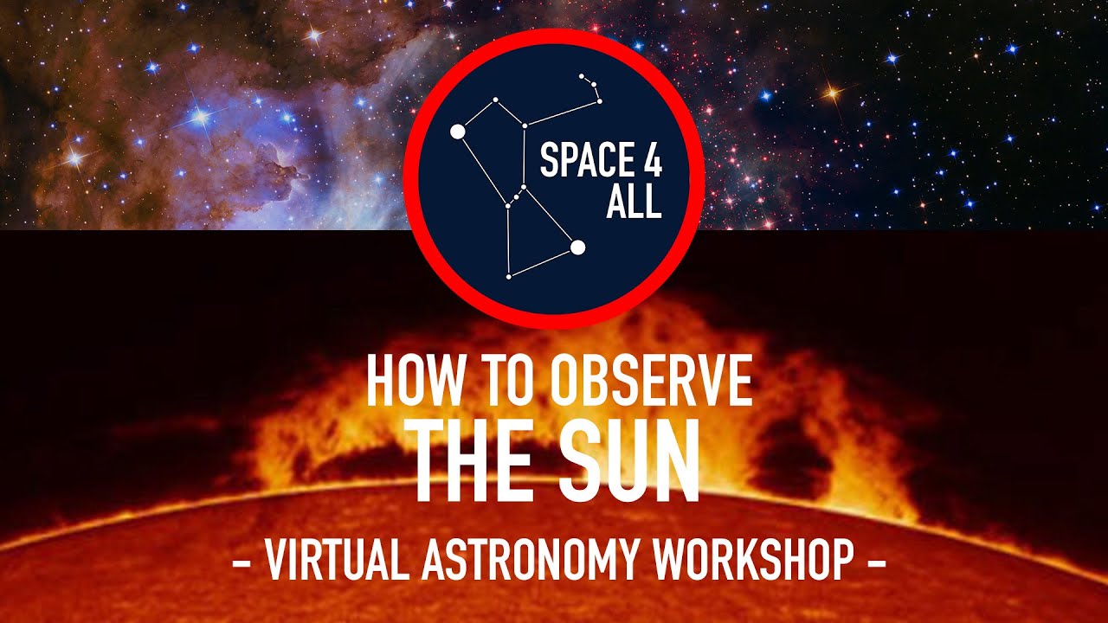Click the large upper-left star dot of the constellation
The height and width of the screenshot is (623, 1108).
pyautogui.click(x=458, y=132)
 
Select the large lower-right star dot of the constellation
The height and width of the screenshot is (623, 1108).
pyautogui.click(x=578, y=248)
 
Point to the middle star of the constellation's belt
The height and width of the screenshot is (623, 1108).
pyautogui.click(x=516, y=197)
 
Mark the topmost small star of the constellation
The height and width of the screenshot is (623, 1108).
pyautogui.click(x=582, y=75)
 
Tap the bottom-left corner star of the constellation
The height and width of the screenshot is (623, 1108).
pyautogui.click(x=509, y=277)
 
